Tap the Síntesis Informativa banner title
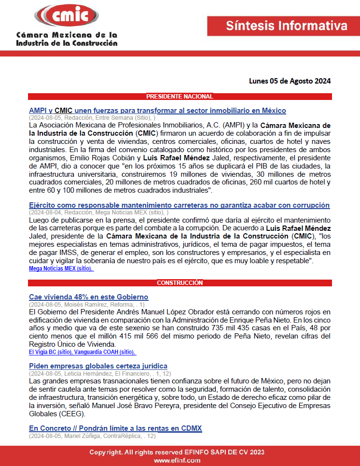287,26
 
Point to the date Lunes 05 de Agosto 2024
290,81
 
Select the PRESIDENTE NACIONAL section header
180,97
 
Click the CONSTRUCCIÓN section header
180,282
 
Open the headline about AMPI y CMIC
157,111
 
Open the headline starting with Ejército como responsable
179,205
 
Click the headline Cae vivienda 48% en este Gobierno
88,297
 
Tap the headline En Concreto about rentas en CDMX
115,428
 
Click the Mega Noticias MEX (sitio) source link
61,268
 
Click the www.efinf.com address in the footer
177,461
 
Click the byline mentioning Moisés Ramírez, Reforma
86,304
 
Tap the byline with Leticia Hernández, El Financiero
98,373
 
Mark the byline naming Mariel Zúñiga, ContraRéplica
92,436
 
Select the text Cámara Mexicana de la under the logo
66,35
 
